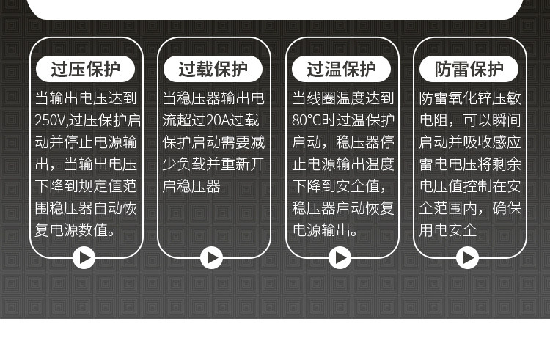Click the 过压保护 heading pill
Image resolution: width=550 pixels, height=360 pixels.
click(85, 70)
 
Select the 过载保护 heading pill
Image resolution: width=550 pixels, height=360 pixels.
click(213, 70)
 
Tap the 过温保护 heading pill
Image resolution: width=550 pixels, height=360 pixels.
click(341, 70)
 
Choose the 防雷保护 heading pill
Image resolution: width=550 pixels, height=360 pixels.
click(469, 70)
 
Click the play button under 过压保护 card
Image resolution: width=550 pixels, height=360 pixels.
click(84, 257)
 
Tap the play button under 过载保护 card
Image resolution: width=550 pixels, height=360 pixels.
click(212, 257)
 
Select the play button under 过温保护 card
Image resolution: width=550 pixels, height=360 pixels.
click(340, 257)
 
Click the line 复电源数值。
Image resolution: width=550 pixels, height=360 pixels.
click(75, 230)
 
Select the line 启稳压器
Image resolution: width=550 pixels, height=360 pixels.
click(191, 186)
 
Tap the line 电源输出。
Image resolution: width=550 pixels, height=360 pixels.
click(325, 230)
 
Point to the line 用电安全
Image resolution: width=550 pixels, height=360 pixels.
click(447, 230)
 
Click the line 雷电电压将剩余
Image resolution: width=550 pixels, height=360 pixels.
click(469, 164)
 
